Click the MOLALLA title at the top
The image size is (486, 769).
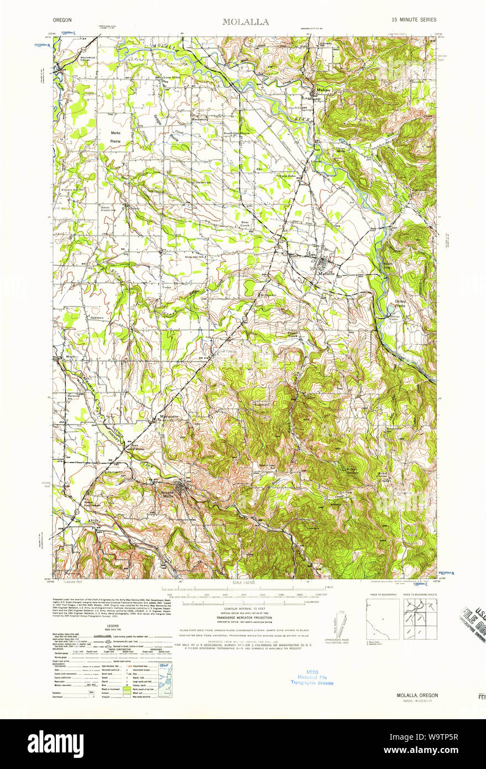[245, 22]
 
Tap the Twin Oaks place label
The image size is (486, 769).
[286, 175]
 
